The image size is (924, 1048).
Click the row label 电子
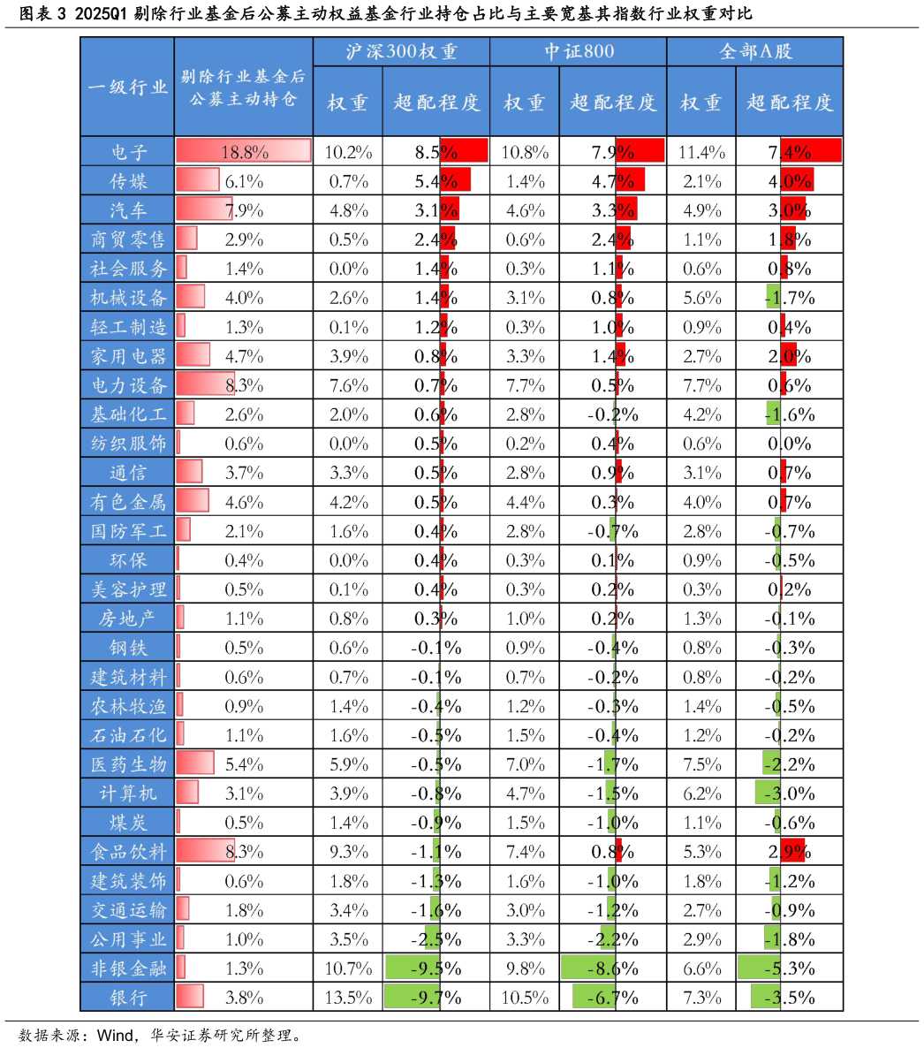(x=128, y=151)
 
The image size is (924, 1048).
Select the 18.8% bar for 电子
(x=244, y=151)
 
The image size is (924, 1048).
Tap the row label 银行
(x=128, y=997)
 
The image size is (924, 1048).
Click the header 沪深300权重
(x=401, y=51)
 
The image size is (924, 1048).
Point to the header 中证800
(x=578, y=51)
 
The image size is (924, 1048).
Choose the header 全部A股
(x=754, y=51)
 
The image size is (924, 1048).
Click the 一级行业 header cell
(x=128, y=87)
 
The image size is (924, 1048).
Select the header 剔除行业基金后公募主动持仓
(x=243, y=87)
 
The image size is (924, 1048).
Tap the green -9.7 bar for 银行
(x=413, y=997)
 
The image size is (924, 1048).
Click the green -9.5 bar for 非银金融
(x=413, y=968)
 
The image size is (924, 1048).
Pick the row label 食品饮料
(x=128, y=852)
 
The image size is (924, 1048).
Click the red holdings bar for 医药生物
(x=195, y=763)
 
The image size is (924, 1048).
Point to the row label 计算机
(x=128, y=793)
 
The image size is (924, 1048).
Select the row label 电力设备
(x=128, y=385)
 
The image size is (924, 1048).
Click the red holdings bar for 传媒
(x=198, y=180)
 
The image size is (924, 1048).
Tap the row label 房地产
(x=128, y=619)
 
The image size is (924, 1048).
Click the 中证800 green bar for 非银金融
(x=588, y=968)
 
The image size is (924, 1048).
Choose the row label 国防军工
(x=128, y=531)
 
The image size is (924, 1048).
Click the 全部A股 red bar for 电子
(x=810, y=151)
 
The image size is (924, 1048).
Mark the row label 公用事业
(x=128, y=938)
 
